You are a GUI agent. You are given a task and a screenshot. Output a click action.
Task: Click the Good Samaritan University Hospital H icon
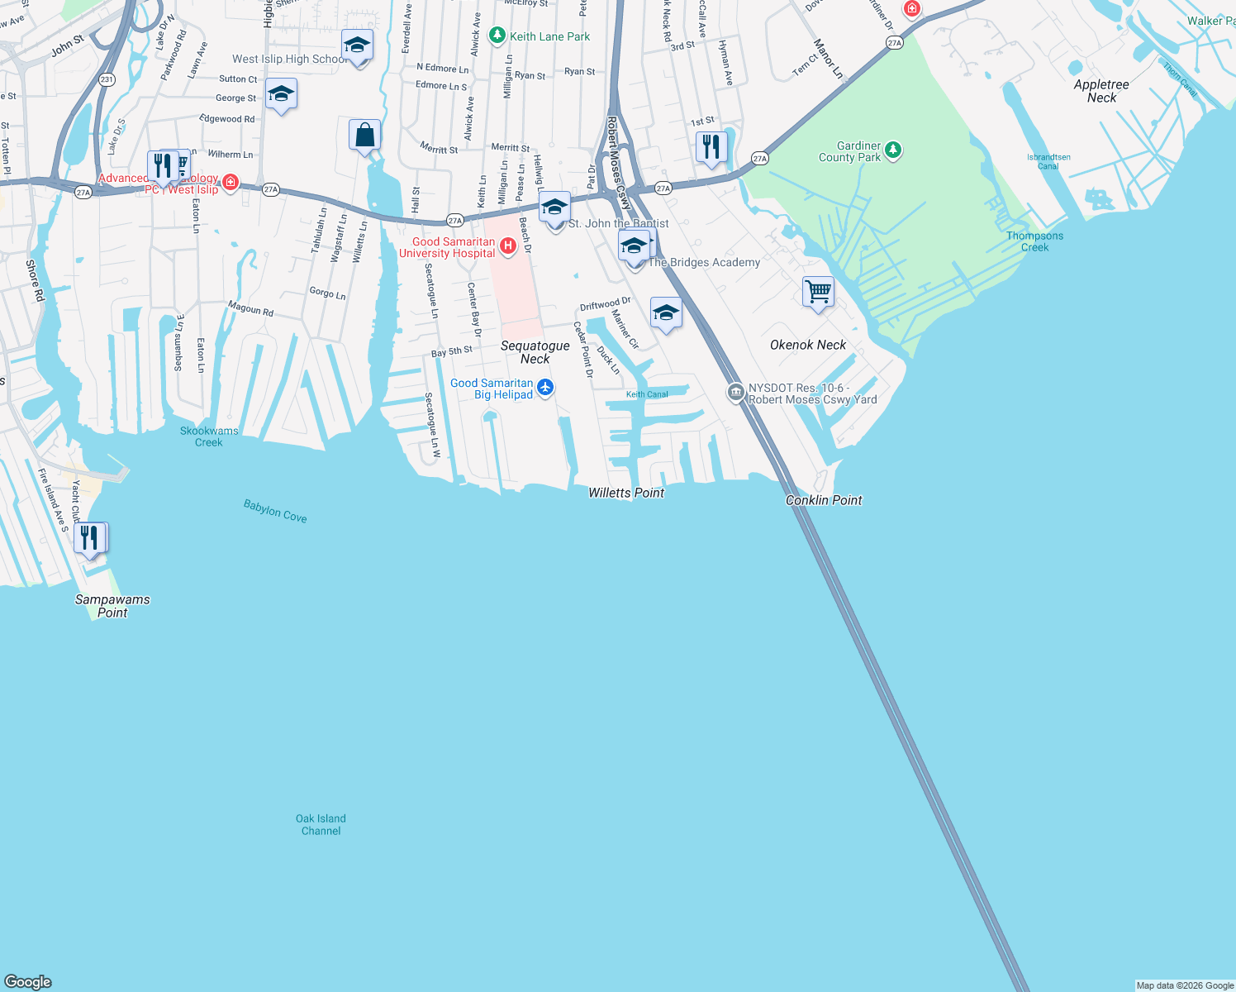point(508,246)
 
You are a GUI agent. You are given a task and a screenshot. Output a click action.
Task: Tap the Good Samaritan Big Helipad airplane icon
point(544,387)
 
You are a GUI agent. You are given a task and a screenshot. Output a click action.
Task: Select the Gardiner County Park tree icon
point(892,150)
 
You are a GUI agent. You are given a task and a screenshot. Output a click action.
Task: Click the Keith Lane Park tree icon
point(497,36)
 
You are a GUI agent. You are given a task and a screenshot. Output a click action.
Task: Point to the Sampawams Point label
point(112,606)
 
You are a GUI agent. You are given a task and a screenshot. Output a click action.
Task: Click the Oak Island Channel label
point(321,824)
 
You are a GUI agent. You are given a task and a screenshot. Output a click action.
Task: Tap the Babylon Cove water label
point(275,511)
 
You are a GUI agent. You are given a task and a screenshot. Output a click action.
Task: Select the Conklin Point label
point(824,500)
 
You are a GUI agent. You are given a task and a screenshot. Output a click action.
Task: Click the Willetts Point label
point(626,493)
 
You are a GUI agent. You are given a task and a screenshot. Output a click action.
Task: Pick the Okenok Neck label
point(808,345)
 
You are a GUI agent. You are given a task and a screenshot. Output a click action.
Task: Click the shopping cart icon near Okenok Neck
point(818,291)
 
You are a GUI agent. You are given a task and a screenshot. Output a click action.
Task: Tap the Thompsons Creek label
point(1034,241)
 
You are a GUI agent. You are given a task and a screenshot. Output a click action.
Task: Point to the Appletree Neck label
point(1101,91)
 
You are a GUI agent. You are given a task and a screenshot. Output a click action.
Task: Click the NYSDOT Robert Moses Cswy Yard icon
point(736,393)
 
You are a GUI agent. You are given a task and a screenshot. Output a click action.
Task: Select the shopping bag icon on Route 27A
point(364,135)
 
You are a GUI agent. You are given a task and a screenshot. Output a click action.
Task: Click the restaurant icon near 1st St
point(711,147)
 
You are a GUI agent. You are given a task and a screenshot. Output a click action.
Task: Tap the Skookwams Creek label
point(209,436)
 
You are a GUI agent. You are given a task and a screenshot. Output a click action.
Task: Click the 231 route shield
point(107,79)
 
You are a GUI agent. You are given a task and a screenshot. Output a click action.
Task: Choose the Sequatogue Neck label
point(535,352)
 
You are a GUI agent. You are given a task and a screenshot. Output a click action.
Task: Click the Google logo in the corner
point(28,981)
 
